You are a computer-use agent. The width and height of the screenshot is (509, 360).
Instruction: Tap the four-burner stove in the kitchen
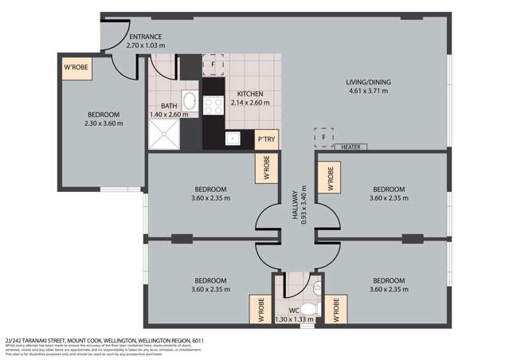coord(213,106)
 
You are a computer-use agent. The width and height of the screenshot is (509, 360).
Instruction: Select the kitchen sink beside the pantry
coord(234,139)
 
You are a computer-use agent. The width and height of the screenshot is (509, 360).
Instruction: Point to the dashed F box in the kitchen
coord(213,63)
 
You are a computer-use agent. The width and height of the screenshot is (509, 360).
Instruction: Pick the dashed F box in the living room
coord(323,139)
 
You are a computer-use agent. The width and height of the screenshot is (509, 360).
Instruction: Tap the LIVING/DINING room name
coord(367,82)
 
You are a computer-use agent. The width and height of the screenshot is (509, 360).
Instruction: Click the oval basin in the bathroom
coord(190,101)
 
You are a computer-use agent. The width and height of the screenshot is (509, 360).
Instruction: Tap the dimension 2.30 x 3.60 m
coord(104,123)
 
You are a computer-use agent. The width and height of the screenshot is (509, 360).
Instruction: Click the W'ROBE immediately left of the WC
coord(259,309)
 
